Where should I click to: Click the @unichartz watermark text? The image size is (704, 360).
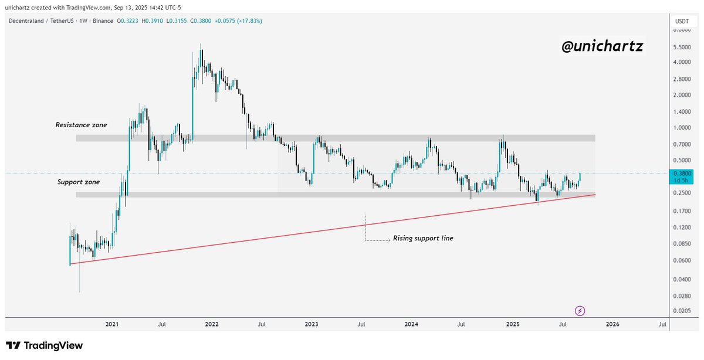pos(602,47)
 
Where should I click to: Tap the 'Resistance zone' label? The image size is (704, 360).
pos(81,125)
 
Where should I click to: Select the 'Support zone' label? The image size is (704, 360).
pos(79,182)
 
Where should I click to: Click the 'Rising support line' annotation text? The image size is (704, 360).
pos(422,239)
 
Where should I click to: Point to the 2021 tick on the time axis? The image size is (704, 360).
pos(112,324)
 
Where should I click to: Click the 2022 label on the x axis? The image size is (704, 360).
pos(212,324)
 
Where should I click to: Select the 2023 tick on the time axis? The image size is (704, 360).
pos(312,324)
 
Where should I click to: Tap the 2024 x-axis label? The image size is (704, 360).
pos(411,324)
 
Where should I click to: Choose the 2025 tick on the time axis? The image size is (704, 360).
pos(513,324)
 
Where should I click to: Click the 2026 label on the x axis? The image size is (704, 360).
pos(612,324)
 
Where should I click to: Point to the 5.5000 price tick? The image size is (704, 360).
pos(682,47)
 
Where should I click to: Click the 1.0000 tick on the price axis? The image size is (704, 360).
pos(682,127)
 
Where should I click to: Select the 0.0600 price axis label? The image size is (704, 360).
pos(682,260)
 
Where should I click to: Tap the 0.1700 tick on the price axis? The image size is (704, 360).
pos(682,210)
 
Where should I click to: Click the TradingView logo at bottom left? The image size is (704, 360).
pos(45,345)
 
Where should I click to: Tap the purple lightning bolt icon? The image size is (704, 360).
pos(580,311)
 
